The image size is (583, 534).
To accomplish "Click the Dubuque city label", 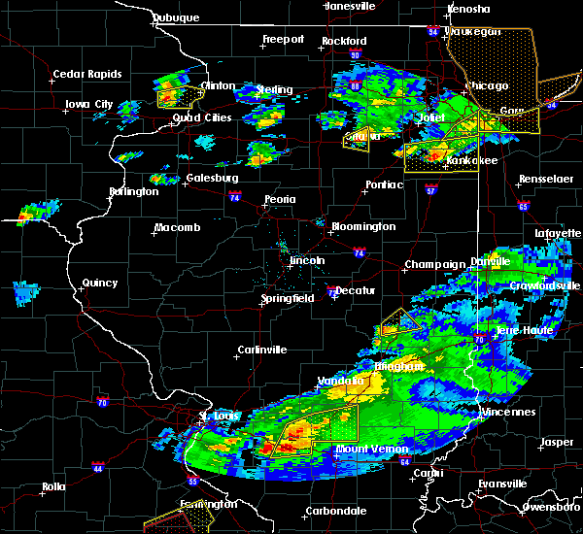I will point(176,17).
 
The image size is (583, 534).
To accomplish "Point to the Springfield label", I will point(287,298).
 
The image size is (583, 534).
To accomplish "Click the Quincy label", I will point(99,284).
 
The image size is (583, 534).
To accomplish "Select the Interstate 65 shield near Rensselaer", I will point(523,206).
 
